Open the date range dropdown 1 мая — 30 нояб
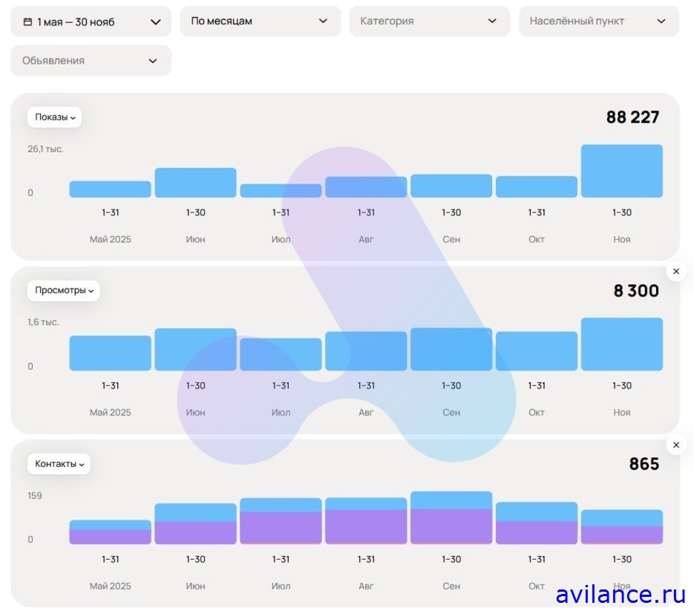(91, 22)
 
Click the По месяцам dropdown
(260, 22)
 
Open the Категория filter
(429, 22)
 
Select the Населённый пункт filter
(598, 22)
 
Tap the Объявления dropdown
(91, 60)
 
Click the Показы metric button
(55, 117)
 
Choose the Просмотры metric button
(64, 290)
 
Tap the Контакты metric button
(59, 464)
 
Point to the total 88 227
(632, 117)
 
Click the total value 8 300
(636, 291)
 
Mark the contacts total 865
(644, 464)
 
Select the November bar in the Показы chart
(621, 171)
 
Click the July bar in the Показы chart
(281, 191)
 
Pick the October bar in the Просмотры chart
(536, 351)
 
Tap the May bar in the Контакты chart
(110, 532)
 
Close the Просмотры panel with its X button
(675, 272)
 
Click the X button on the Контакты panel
(675, 445)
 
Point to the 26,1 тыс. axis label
(46, 149)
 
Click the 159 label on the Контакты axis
(35, 496)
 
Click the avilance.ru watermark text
(620, 594)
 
